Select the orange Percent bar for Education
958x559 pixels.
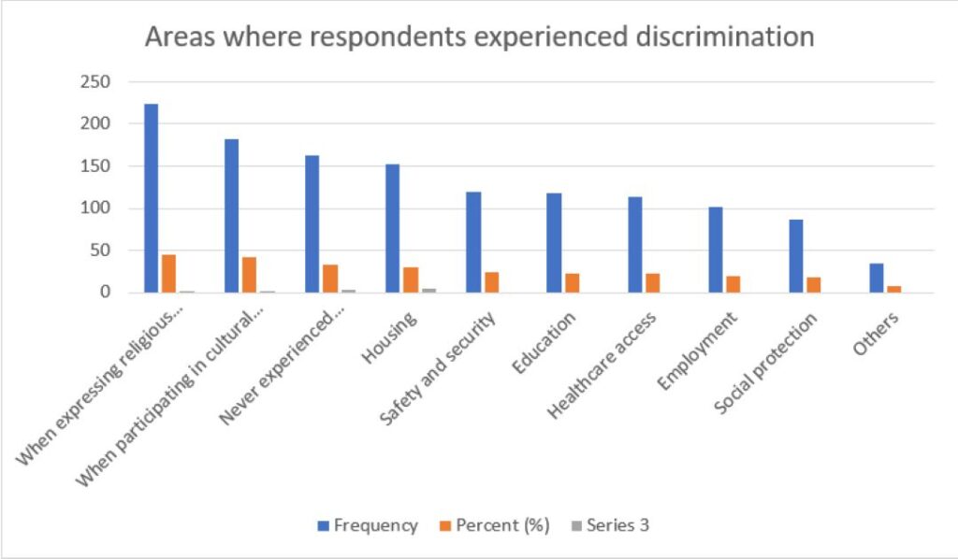(573, 283)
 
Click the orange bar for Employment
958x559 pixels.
(734, 284)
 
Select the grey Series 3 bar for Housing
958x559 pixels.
(428, 290)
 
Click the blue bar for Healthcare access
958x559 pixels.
(635, 245)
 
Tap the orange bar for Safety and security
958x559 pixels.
(492, 282)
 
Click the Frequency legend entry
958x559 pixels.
(368, 525)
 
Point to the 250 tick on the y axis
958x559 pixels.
(98, 82)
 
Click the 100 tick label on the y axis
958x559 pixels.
(98, 208)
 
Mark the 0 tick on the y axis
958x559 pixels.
(106, 293)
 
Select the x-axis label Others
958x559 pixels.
(876, 333)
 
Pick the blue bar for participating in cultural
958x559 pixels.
(231, 216)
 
